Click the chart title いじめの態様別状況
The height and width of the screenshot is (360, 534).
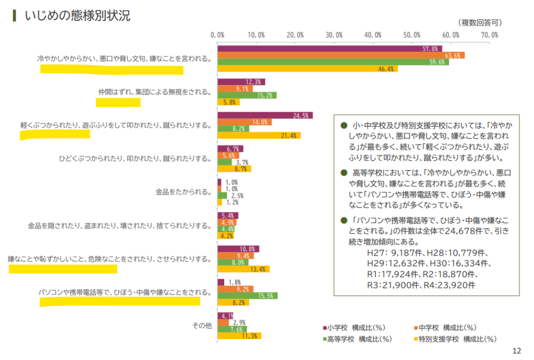[77, 16]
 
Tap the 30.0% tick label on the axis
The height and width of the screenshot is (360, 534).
[334, 35]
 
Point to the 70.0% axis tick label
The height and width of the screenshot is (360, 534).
[490, 35]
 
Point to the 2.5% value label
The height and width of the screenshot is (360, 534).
[236, 196]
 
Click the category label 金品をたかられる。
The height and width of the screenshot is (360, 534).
[183, 192]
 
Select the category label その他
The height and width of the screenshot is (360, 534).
[202, 326]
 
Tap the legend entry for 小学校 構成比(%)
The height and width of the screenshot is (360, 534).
[354, 328]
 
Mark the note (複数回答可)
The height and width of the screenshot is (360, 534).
[480, 22]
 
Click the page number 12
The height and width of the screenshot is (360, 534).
[517, 351]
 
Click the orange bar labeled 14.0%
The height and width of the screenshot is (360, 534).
[244, 122]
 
